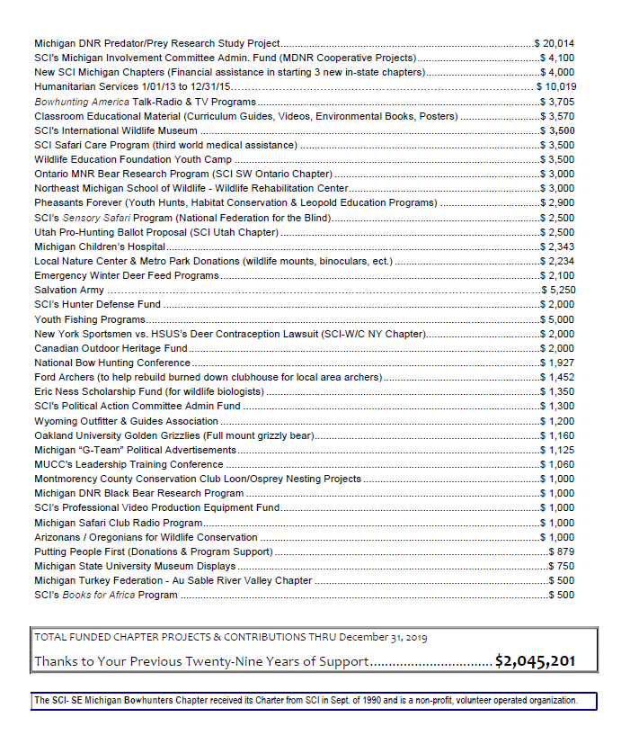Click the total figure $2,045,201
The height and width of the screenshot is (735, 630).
click(535, 661)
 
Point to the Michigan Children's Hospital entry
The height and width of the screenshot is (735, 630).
click(100, 246)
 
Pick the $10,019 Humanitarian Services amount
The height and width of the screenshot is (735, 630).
click(555, 86)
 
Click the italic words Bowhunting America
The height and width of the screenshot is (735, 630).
click(82, 102)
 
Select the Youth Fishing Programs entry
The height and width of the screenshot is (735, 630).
click(90, 319)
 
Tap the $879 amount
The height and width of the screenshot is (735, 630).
click(562, 551)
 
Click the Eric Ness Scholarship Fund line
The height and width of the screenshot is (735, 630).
click(149, 392)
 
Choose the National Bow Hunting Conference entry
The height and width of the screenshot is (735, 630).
click(112, 363)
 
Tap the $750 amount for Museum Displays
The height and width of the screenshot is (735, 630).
click(562, 566)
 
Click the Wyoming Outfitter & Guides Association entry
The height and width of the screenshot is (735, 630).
click(127, 421)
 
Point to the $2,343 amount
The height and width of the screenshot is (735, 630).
click(557, 246)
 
